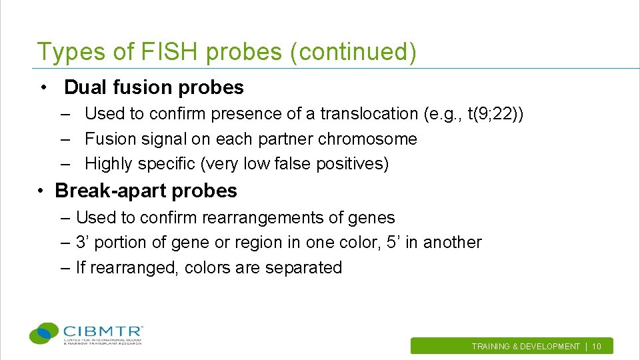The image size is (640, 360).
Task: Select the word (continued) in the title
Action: point(353,52)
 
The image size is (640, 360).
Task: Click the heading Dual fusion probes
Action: point(154,87)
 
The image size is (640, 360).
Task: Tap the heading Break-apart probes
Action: point(146,191)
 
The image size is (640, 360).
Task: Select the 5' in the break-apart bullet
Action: point(393,243)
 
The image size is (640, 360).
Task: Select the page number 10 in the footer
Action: point(597,347)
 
